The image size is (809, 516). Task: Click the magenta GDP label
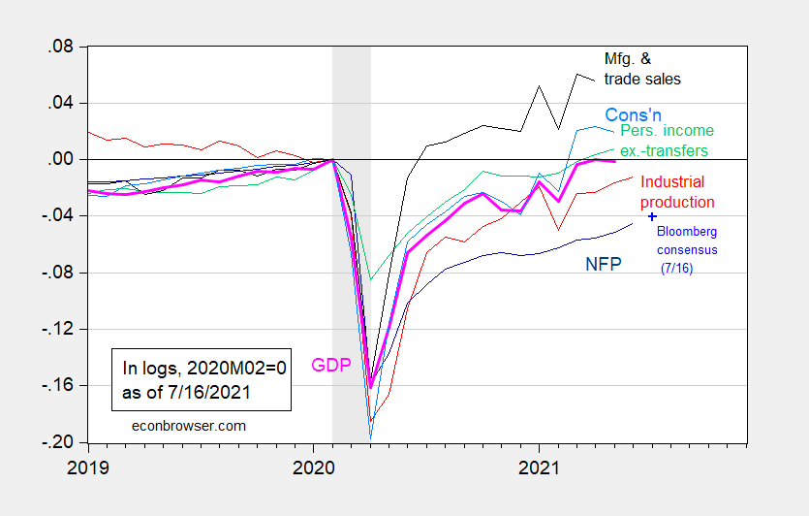pos(330,366)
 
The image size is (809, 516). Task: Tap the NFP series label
pos(604,264)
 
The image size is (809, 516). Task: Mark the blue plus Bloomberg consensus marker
pos(652,216)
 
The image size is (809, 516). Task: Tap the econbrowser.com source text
pos(176,425)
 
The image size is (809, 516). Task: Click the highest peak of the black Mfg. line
pos(578,74)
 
